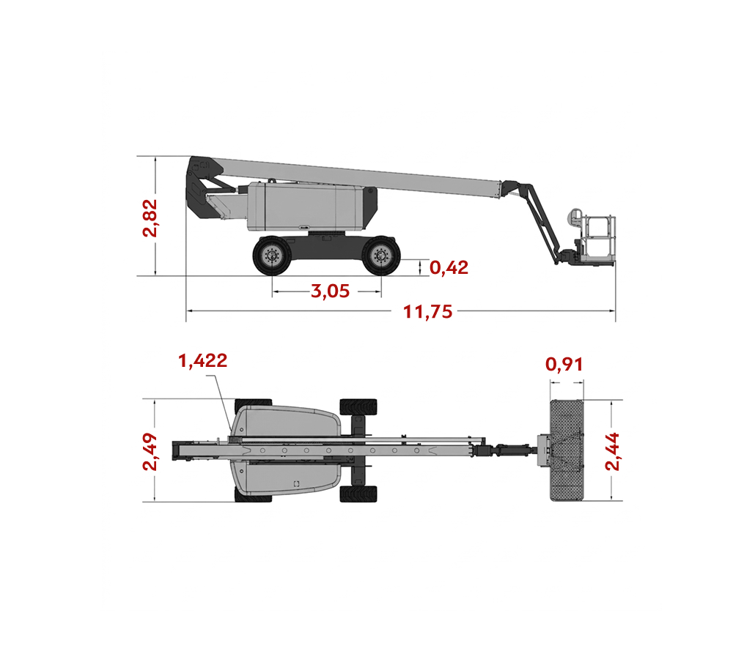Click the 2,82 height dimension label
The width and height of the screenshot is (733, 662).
pyautogui.click(x=150, y=218)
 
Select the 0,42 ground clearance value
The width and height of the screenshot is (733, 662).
pyautogui.click(x=449, y=268)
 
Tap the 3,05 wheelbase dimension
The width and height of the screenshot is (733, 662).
pyautogui.click(x=330, y=291)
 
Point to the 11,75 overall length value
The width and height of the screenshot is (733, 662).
pyautogui.click(x=428, y=312)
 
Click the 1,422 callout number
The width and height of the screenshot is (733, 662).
pyautogui.click(x=203, y=361)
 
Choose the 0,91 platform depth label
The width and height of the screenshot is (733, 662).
pyautogui.click(x=564, y=365)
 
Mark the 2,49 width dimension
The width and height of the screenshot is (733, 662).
pyautogui.click(x=150, y=451)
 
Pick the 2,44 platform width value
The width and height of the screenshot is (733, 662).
pyautogui.click(x=612, y=451)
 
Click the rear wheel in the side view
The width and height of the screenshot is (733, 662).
pyautogui.click(x=272, y=256)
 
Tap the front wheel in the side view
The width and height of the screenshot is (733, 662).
pyautogui.click(x=381, y=256)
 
